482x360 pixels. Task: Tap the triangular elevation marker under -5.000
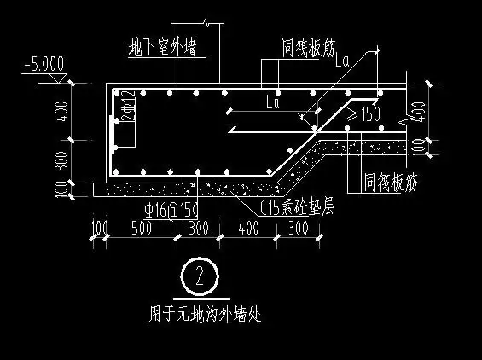(x=55, y=78)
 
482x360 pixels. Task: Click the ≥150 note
(x=363, y=113)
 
